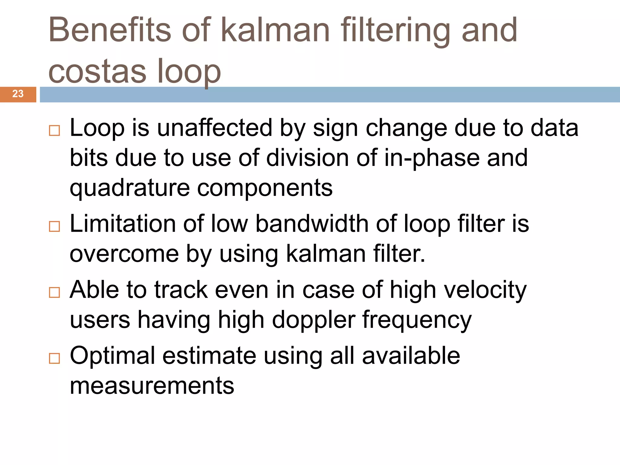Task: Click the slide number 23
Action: (18, 94)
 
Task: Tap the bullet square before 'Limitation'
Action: (54, 226)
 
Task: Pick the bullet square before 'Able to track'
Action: (54, 292)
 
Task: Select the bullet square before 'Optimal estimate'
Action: (54, 358)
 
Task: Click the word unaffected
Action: (215, 128)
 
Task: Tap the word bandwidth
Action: (312, 224)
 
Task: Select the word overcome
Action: (124, 254)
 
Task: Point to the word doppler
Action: (314, 320)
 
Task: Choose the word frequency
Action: (417, 320)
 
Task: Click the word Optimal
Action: (112, 356)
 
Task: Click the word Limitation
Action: (123, 224)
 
